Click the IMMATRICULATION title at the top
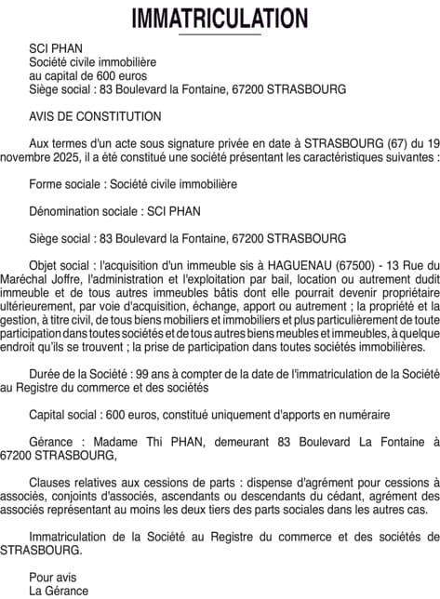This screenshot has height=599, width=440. pos(220,18)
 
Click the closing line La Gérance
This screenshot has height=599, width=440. pos(59,591)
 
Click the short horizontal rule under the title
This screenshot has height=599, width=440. pos(220,34)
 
